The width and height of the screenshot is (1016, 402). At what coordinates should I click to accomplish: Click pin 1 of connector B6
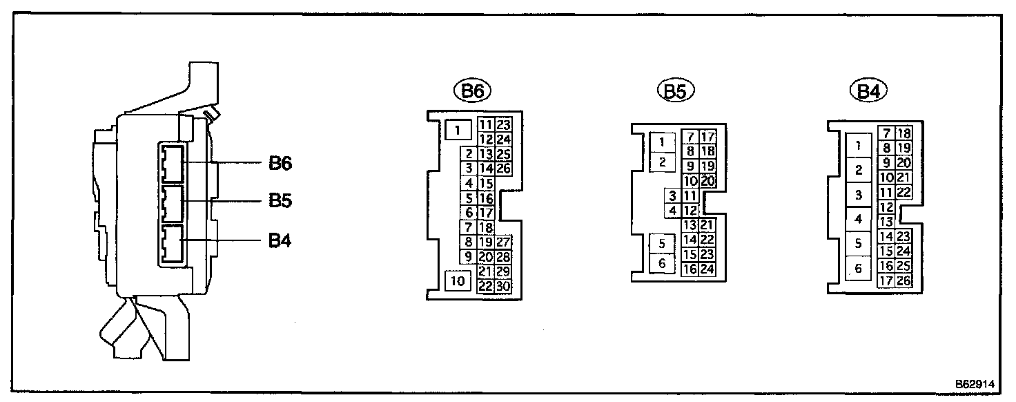(458, 128)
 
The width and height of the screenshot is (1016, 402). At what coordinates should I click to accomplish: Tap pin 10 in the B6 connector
(458, 280)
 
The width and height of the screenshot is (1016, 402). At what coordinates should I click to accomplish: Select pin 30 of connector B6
(502, 286)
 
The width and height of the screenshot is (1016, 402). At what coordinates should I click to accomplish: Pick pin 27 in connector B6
(502, 242)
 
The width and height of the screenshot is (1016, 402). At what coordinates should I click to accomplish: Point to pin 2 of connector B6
(469, 154)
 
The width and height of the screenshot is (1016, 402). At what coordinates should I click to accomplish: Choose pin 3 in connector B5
(671, 195)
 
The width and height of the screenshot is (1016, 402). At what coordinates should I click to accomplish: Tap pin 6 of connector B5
(662, 262)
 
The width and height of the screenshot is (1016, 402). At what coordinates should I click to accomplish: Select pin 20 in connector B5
(707, 181)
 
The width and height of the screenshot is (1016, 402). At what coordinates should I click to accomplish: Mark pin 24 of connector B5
(707, 270)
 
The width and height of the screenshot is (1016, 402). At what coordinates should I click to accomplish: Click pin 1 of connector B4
(859, 146)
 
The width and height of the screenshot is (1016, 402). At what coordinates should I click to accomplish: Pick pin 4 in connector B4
(859, 220)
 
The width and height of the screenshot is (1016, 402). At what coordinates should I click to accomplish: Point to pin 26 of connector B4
(903, 280)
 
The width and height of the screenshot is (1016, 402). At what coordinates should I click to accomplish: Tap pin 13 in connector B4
(887, 221)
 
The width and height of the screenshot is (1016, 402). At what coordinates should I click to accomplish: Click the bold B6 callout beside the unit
(280, 164)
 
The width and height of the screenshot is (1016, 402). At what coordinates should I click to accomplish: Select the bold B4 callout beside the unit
(280, 242)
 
